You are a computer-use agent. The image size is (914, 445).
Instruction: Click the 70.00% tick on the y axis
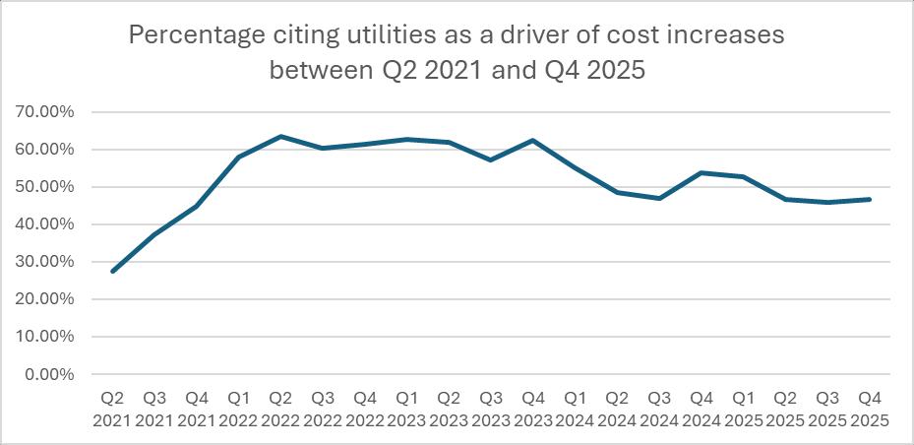pos(46,112)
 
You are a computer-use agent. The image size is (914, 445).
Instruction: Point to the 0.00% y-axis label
pos(50,374)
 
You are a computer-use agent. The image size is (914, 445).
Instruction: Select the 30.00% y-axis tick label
pos(46,262)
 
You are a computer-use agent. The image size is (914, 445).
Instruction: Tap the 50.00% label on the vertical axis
pos(46,187)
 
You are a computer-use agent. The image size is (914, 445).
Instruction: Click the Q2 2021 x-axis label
pos(113,410)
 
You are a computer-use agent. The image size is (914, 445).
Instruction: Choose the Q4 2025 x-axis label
pos(870,410)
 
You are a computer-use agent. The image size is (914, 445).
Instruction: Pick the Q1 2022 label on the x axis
pos(239,410)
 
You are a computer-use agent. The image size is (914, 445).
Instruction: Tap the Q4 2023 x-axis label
pos(533,410)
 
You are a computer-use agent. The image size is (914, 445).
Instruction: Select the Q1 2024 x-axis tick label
pos(576,410)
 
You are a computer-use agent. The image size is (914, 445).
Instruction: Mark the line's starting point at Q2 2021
pos(113,271)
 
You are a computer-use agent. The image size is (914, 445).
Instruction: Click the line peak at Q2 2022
pos(281,136)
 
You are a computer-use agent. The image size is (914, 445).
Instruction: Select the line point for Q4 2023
pos(533,140)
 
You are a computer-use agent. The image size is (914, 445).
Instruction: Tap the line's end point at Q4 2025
pos(870,199)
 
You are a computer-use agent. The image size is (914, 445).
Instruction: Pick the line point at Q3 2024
pos(659,198)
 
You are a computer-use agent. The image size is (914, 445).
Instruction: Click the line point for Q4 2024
pos(701,172)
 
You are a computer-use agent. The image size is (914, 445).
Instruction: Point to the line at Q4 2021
pos(197,206)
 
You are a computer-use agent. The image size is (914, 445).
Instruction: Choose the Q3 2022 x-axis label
pos(323,410)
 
